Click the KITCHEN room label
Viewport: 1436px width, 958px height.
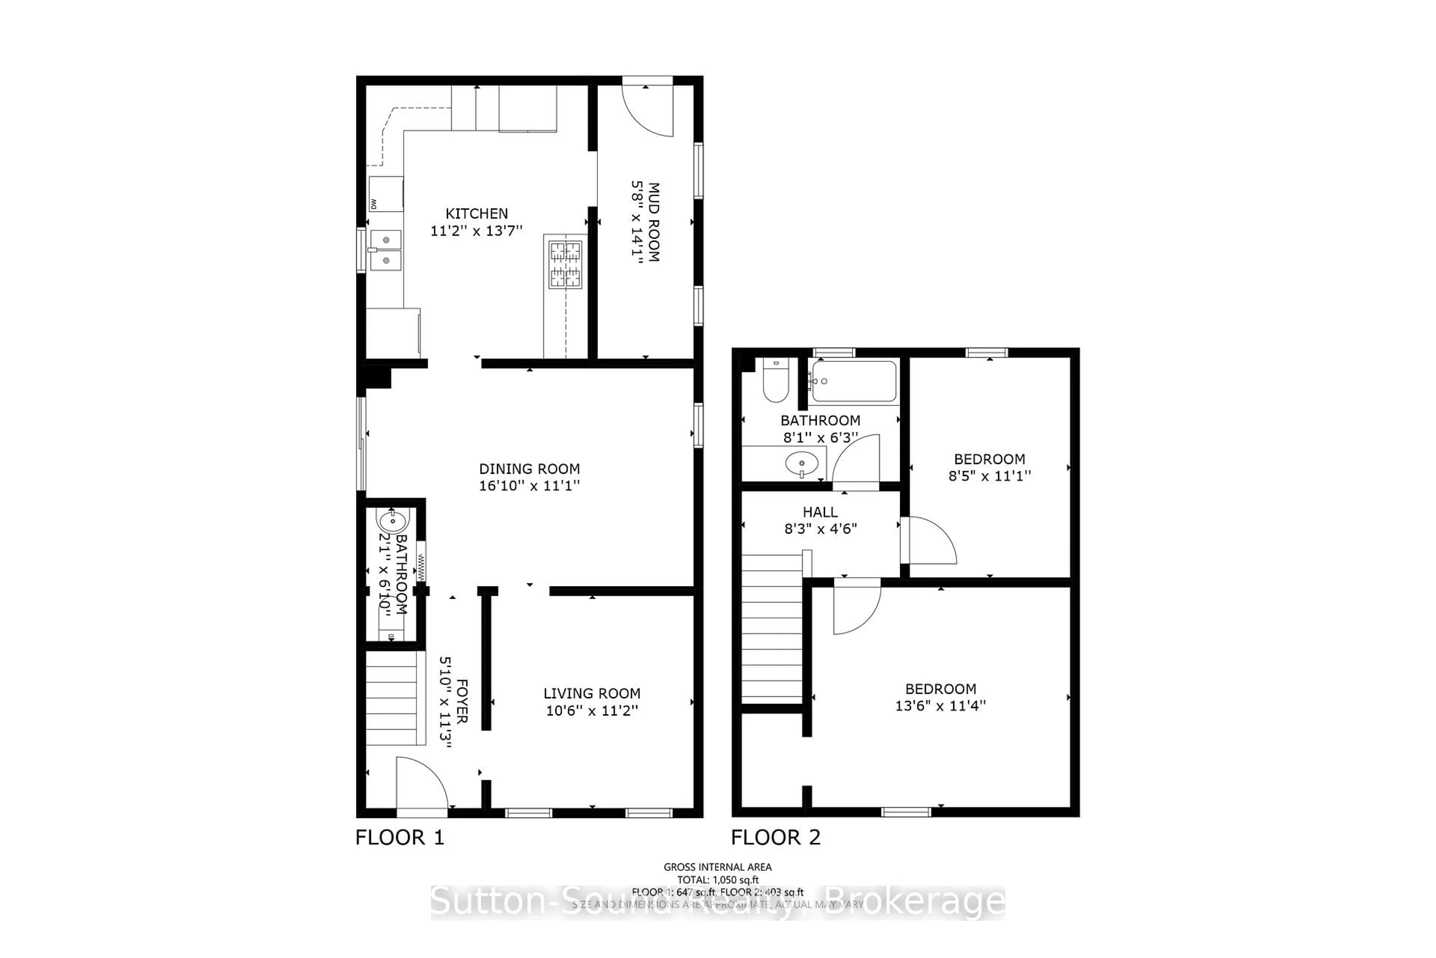tap(476, 214)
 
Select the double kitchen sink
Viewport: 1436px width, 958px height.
tap(385, 250)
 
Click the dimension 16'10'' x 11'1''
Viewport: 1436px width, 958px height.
tap(529, 486)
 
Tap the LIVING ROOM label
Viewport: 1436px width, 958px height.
tap(592, 693)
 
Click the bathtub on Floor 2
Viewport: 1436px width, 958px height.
tap(853, 381)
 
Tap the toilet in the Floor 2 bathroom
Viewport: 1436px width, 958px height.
tap(775, 381)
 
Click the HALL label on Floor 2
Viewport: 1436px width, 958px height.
tap(820, 512)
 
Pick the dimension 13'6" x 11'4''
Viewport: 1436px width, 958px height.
tap(940, 706)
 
